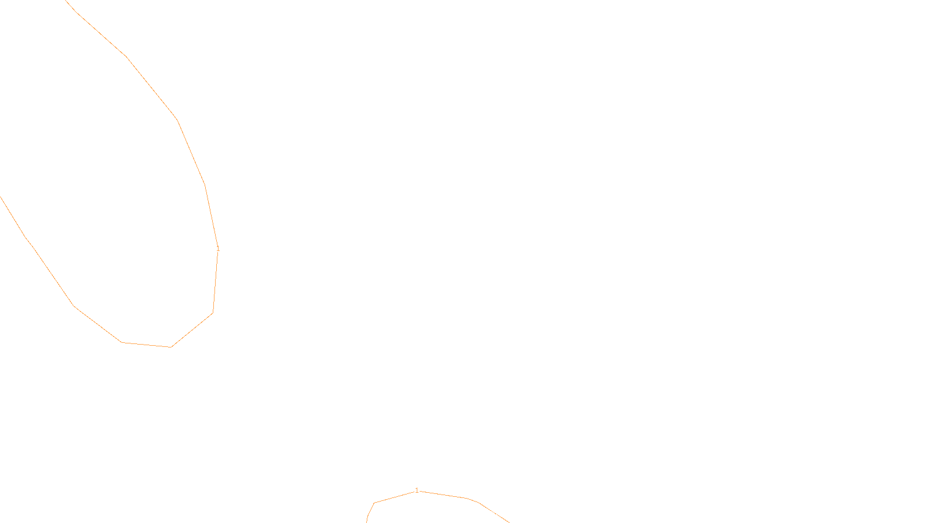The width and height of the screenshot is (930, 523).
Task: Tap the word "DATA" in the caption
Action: point(491,514)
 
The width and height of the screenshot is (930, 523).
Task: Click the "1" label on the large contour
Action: point(218,249)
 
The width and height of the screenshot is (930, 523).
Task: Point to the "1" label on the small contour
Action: point(417,490)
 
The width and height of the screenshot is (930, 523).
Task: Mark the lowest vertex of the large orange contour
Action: point(171,347)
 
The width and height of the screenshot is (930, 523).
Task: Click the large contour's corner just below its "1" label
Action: point(213,313)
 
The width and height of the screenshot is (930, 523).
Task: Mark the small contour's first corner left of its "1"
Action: point(374,503)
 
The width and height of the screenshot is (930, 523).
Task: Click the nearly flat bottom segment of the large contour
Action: point(146,345)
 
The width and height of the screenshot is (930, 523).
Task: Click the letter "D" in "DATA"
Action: point(485,514)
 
